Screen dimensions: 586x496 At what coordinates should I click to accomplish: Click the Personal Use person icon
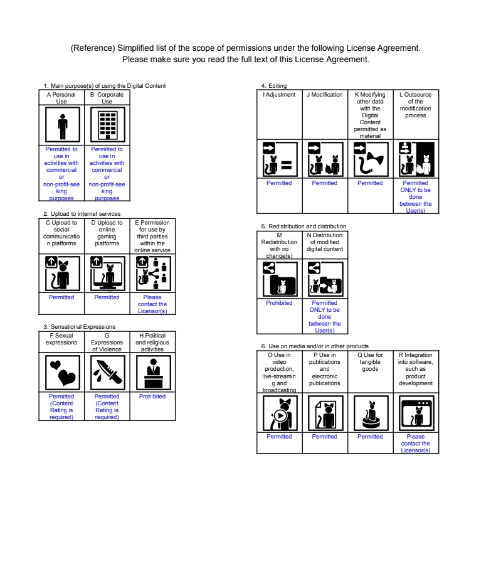pos(61,125)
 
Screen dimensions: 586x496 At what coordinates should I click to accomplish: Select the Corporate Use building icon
pos(107,125)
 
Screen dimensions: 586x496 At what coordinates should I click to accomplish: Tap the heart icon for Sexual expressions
pos(61,372)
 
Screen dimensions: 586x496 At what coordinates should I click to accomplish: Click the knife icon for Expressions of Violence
pos(107,372)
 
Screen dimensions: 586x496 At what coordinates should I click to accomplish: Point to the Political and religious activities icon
pos(152,372)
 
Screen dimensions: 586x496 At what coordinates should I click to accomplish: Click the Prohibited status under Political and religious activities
pos(152,397)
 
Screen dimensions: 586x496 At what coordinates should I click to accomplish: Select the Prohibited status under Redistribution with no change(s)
pos(279,302)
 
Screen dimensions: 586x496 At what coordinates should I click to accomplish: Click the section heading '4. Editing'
pos(274,85)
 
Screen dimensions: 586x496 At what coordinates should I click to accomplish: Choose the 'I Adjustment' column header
pos(279,95)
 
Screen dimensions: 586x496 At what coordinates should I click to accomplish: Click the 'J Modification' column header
pos(325,95)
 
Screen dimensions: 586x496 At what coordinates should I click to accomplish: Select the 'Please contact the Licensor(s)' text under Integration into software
pos(416,444)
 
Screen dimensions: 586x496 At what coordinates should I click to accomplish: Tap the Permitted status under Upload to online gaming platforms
pos(107,297)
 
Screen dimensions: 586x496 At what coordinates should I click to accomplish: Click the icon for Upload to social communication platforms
pos(61,274)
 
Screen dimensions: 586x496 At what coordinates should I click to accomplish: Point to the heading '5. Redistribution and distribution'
pos(303,226)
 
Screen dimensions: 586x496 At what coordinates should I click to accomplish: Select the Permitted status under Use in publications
pos(325,437)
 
